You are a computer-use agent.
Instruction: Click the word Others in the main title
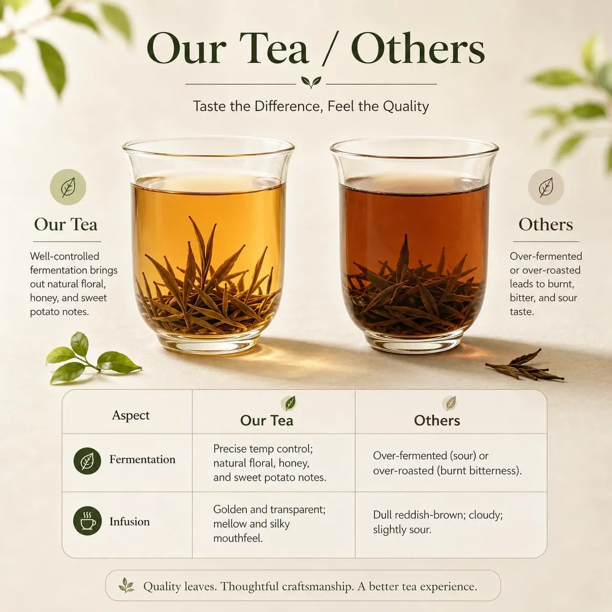(418, 49)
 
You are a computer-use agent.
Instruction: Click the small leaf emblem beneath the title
(311, 82)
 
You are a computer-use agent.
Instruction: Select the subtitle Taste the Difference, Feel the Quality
(311, 106)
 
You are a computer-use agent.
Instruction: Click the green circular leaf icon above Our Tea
(68, 187)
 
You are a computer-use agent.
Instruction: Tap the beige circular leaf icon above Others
(546, 187)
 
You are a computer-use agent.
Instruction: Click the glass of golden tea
(208, 245)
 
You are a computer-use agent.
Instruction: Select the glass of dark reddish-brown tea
(414, 245)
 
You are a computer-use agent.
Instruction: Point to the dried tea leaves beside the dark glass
(525, 365)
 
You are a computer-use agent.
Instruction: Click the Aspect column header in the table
(131, 415)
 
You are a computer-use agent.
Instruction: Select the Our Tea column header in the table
(267, 420)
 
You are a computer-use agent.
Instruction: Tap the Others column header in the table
(437, 420)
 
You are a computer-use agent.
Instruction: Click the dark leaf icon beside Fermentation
(87, 461)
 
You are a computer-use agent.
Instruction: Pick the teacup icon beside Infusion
(87, 521)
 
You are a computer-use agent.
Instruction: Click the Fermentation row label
(143, 459)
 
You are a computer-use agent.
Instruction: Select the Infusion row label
(130, 522)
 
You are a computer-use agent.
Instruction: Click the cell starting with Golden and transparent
(269, 524)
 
